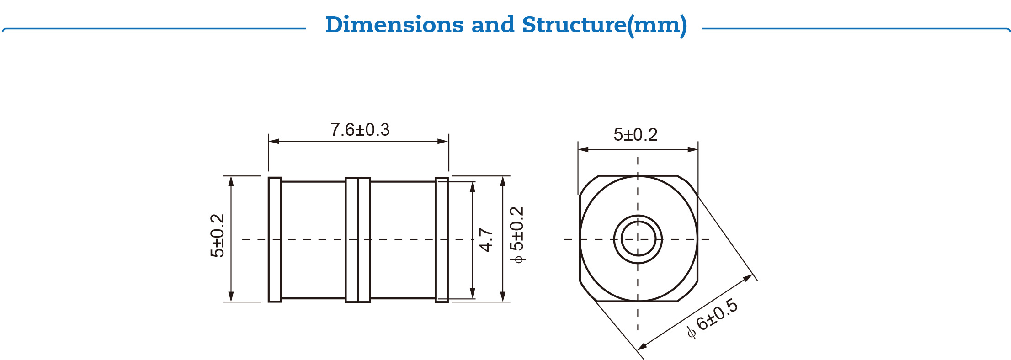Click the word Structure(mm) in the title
click(604, 25)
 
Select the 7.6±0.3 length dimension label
click(360, 130)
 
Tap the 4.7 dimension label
click(486, 239)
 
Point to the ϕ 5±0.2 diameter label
click(517, 234)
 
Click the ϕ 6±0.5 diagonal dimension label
click(713, 318)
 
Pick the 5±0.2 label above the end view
click(635, 135)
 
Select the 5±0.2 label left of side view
click(218, 236)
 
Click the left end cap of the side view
click(275, 239)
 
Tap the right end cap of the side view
click(442, 239)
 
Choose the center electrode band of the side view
click(358, 239)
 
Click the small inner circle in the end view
click(638, 239)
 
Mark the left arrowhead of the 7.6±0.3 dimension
click(274, 141)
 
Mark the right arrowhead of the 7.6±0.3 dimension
click(443, 141)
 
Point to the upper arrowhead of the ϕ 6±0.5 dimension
click(748, 277)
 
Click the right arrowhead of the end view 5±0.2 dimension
click(693, 149)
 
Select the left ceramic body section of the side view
click(313, 239)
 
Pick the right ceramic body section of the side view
click(403, 239)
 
